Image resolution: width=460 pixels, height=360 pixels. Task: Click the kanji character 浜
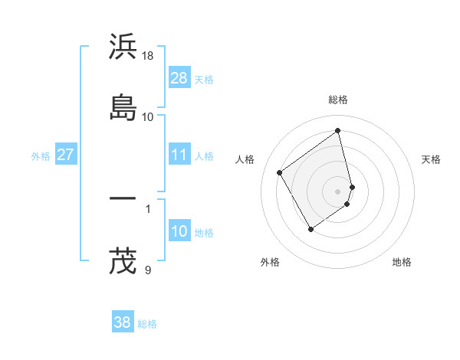pyautogui.click(x=123, y=47)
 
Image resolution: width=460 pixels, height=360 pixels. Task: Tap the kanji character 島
pyautogui.click(x=123, y=107)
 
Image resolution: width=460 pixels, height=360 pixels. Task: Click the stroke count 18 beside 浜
pyautogui.click(x=148, y=56)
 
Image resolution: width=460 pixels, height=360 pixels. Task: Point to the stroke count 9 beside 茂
pyautogui.click(x=147, y=270)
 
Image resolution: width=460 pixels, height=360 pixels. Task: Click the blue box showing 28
pyautogui.click(x=179, y=78)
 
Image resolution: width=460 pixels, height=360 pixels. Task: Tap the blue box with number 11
pyautogui.click(x=179, y=155)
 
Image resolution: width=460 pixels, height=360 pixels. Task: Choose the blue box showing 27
pyautogui.click(x=65, y=155)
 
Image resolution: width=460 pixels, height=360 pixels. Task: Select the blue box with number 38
pyautogui.click(x=122, y=323)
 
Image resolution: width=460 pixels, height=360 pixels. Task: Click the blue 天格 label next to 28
pyautogui.click(x=204, y=79)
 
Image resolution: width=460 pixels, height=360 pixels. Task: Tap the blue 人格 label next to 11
pyautogui.click(x=204, y=155)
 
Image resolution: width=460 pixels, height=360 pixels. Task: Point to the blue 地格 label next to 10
pyautogui.click(x=204, y=232)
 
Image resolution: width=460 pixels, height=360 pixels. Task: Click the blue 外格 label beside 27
pyautogui.click(x=41, y=155)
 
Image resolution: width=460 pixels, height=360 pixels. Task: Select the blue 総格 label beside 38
pyautogui.click(x=147, y=324)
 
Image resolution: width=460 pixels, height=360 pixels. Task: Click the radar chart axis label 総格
pyautogui.click(x=338, y=100)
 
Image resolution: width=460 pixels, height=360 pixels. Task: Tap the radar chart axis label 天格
pyautogui.click(x=432, y=159)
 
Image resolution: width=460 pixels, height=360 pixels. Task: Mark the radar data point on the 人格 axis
pyautogui.click(x=280, y=173)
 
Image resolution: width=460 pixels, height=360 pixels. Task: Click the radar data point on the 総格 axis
pyautogui.click(x=338, y=131)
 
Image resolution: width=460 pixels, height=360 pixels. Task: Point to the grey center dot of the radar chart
pyautogui.click(x=338, y=191)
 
